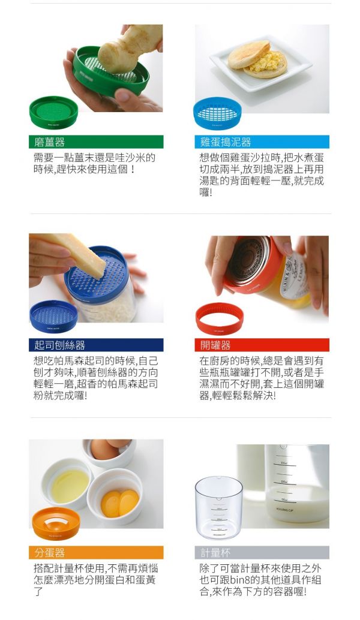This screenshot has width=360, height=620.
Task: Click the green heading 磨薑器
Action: tap(49, 142)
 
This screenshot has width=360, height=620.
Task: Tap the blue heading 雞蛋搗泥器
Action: tap(226, 142)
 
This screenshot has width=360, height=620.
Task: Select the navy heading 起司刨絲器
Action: tap(59, 345)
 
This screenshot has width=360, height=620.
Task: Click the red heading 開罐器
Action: tap(215, 345)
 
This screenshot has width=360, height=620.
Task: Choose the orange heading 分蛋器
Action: tap(49, 552)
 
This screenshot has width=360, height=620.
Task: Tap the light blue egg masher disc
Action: tap(217, 114)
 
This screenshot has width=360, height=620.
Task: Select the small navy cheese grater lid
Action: tap(53, 317)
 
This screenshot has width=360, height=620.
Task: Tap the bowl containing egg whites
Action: tap(68, 484)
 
